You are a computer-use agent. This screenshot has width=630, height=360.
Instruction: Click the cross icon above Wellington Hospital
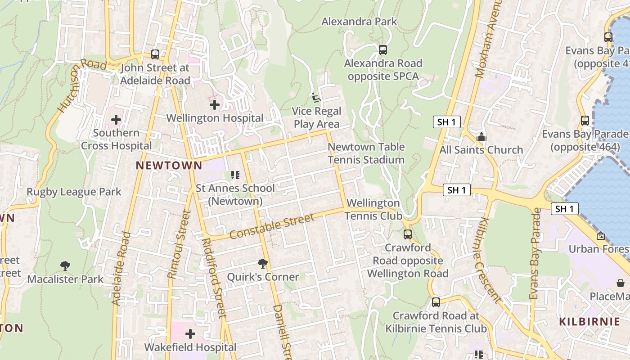coord(215,105)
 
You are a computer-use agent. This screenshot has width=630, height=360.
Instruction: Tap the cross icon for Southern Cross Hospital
coord(116,120)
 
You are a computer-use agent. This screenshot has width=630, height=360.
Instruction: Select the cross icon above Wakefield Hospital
coord(190,334)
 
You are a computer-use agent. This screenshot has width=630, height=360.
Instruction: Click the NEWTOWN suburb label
coord(169,166)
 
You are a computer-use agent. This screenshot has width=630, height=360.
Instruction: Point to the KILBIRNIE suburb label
coord(589,322)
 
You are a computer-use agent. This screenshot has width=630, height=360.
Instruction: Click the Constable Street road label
coord(272,226)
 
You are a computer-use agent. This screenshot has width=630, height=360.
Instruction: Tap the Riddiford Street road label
coord(214,278)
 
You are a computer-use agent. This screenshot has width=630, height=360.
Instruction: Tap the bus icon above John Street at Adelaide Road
coord(155,54)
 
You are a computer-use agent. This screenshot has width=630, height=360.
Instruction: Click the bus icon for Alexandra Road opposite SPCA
coord(383,50)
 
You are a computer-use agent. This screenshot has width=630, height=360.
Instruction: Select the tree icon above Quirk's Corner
coord(263,263)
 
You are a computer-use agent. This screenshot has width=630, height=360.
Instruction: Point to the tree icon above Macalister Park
coord(65,266)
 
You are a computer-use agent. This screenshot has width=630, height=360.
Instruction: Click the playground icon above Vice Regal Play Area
coord(316,97)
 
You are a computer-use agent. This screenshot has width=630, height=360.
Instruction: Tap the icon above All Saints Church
coord(481,137)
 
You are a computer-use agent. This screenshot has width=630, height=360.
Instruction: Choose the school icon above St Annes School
coord(235,175)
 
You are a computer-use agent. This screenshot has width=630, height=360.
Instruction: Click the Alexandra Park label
coord(359,22)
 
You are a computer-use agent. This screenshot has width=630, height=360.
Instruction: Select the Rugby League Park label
coord(74,192)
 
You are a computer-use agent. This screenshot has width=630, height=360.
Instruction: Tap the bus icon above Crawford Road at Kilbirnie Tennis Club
coord(436,302)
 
